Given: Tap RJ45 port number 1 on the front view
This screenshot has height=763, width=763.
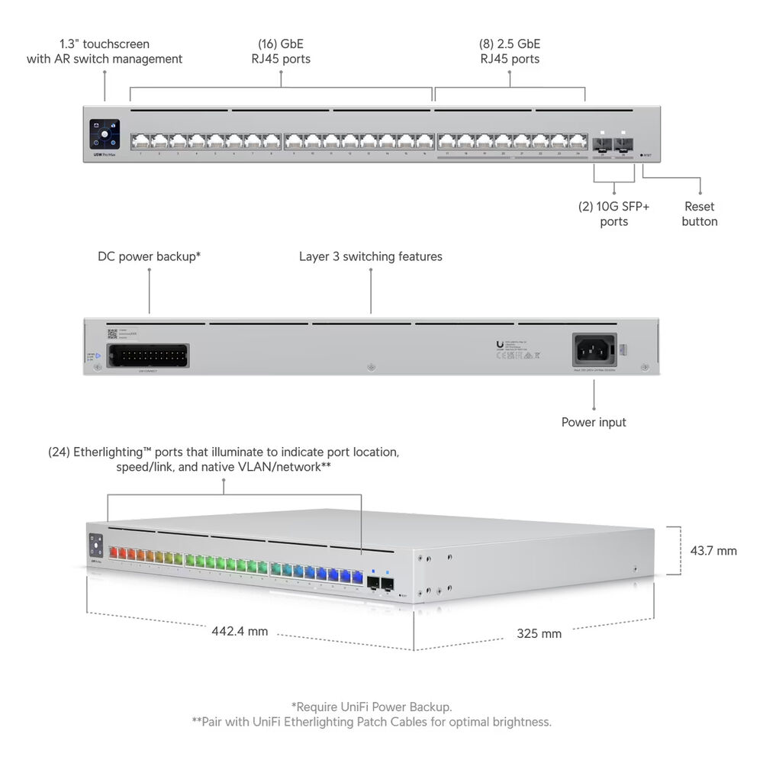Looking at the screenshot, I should tap(140, 141).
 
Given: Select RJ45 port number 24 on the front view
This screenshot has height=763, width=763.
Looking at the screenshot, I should tap(578, 141).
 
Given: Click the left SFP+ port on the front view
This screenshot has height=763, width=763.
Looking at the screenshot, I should tap(603, 143).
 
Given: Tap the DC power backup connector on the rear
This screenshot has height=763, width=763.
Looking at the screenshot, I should tap(150, 356).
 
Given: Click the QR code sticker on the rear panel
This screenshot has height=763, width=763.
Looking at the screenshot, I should tap(111, 333).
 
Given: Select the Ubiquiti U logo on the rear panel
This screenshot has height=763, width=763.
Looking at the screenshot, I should tap(499, 345).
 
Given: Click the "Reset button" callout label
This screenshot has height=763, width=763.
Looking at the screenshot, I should tap(700, 214).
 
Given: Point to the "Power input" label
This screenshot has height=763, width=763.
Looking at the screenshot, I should tap(594, 422).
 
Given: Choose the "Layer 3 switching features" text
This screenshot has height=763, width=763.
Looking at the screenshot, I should tap(370, 256).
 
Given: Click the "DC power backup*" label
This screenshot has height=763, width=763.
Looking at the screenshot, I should tap(149, 256).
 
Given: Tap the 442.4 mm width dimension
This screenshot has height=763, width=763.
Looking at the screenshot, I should tap(240, 631).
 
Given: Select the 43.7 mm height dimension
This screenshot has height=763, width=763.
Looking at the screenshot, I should tap(713, 550).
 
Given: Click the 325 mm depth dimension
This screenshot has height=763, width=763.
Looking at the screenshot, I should tap(539, 633).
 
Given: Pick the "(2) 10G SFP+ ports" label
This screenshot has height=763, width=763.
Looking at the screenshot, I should tap(613, 214).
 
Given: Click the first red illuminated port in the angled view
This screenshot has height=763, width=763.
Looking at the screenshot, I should tap(117, 552).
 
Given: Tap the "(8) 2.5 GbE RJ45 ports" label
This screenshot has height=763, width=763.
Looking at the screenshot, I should tap(509, 51).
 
